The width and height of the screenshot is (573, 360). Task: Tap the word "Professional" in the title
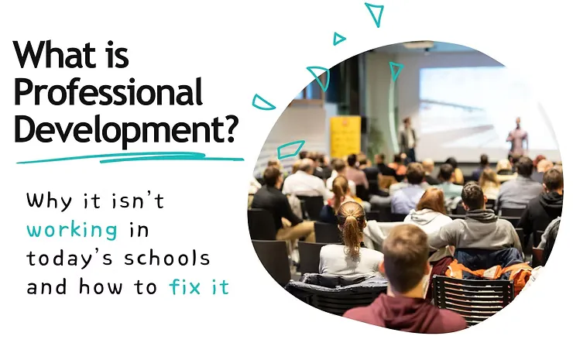pos(108,92)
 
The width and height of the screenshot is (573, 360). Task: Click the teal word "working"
pos(72,230)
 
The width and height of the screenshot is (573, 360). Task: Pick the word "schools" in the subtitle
pos(167,258)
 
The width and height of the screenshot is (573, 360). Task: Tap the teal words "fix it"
pos(199,286)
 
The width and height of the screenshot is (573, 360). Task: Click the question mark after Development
pos(228,129)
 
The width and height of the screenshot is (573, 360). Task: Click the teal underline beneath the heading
pos(130,158)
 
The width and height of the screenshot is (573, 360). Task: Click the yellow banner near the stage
pos(345,136)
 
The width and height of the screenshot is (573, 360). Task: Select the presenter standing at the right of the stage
pos(517,137)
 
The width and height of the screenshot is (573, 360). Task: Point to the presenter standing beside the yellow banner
pos(407,138)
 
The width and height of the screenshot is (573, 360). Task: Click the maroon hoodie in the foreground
pos(405,314)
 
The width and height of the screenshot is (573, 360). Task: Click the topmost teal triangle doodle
pos(375,14)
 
